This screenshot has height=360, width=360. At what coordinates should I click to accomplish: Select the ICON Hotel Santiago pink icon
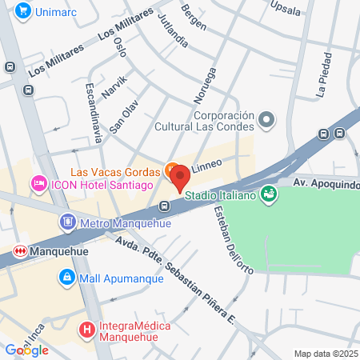pos(38,185)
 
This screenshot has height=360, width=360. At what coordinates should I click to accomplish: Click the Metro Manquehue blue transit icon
pos(68,221)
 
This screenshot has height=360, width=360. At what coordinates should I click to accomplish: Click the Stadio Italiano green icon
pos(270,193)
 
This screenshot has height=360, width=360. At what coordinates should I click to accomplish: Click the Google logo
pos(26,350)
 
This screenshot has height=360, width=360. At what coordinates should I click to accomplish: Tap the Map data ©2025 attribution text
pos(325,354)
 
